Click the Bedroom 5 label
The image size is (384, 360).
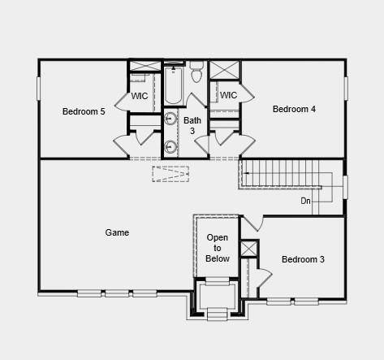(84, 111)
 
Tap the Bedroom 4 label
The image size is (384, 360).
(294, 109)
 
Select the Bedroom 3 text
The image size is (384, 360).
(303, 259)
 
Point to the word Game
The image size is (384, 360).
(117, 232)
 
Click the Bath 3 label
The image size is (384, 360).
(192, 125)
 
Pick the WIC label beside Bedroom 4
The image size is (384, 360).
(228, 95)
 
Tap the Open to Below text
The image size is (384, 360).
(218, 248)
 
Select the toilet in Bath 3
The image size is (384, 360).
(196, 76)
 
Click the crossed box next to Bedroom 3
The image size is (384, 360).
(248, 249)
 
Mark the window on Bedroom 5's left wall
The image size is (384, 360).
(38, 88)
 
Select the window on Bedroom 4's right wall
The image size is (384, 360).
(346, 88)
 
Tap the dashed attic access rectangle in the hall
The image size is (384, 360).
(170, 173)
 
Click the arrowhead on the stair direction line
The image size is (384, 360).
(245, 172)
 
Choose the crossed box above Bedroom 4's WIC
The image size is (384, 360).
(225, 69)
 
